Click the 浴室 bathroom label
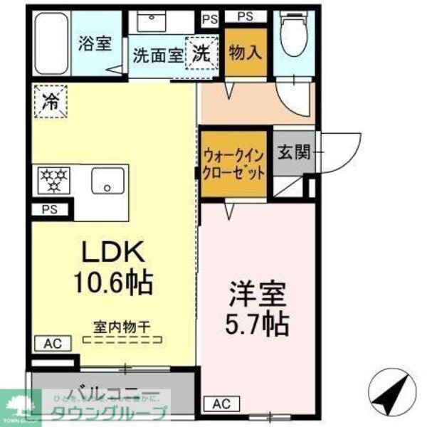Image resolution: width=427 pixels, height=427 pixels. pos(94,43)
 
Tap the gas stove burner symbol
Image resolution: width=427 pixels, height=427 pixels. pos(51,181)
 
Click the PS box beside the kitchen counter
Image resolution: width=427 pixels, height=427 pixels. pos(50,209)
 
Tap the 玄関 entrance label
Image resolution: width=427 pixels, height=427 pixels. pos(293,152)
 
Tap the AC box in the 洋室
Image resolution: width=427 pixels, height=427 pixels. pos(221,404)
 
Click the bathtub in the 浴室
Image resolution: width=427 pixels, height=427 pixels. pos(50,42)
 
